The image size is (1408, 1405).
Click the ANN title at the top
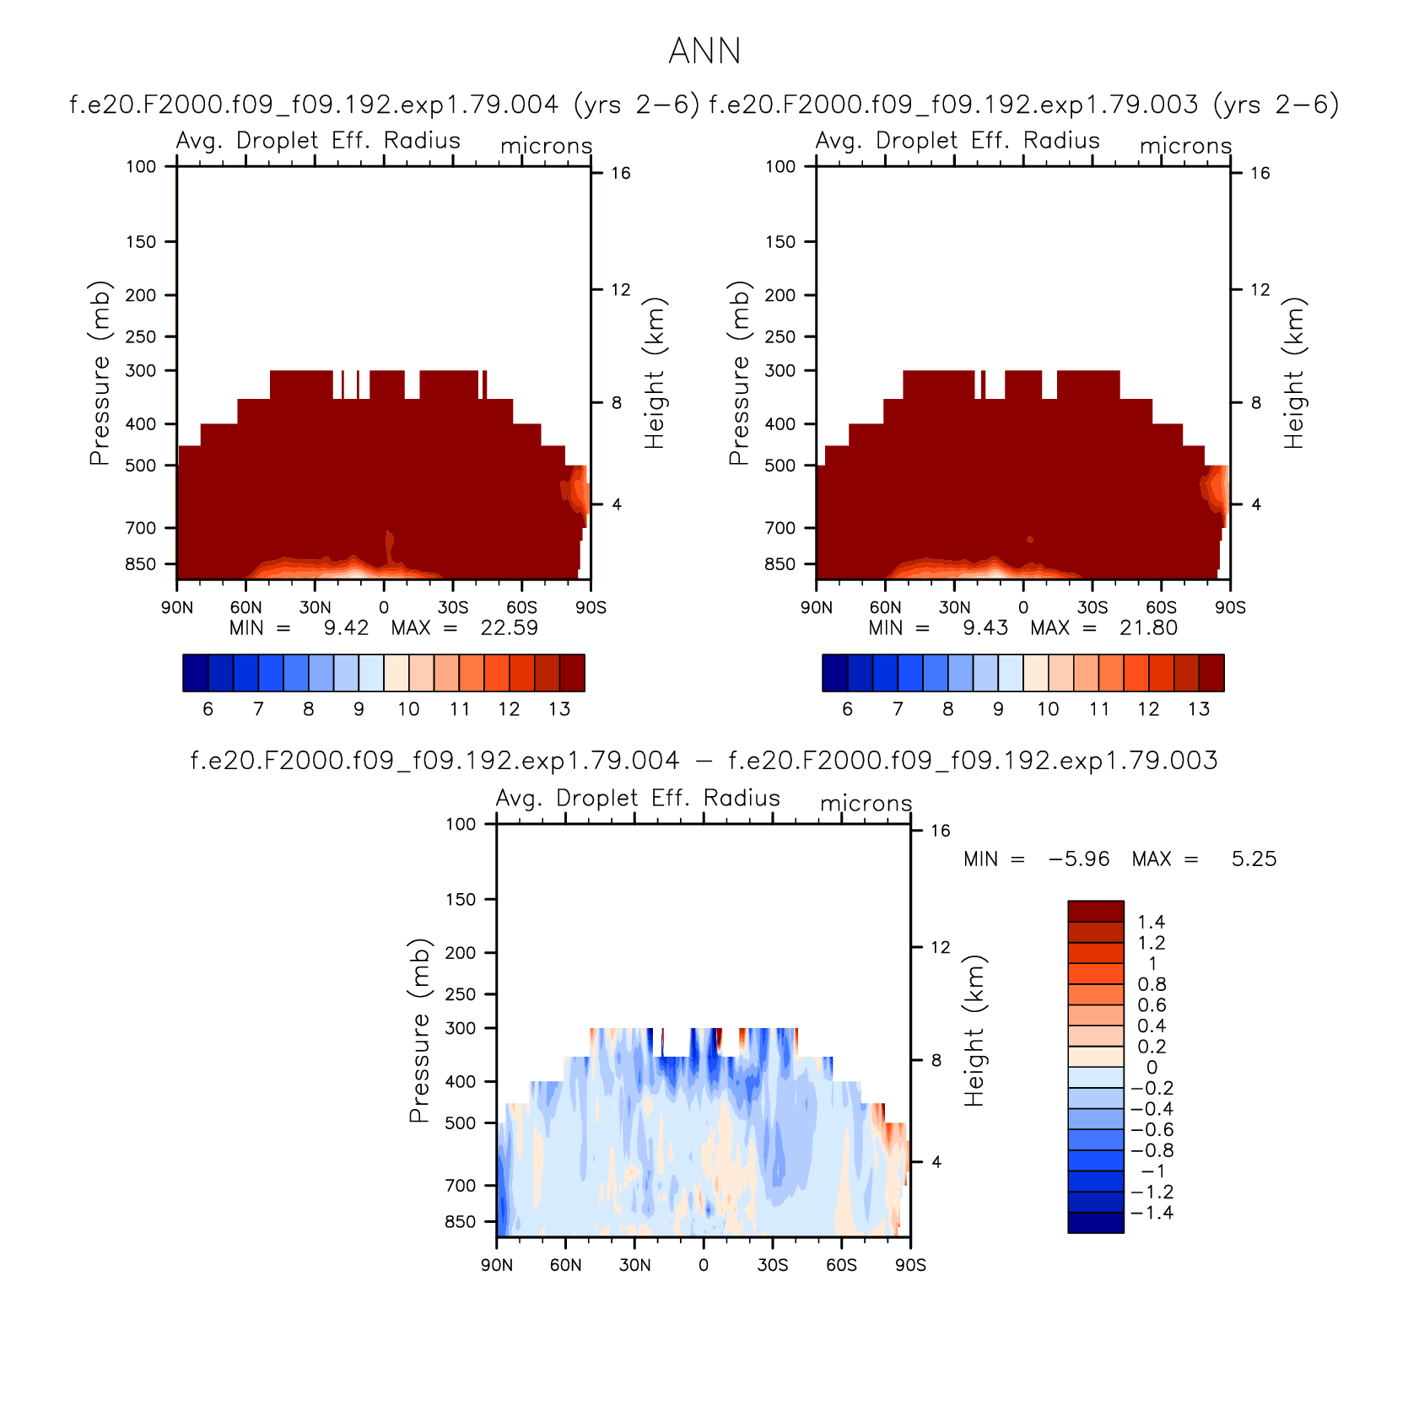coord(704,51)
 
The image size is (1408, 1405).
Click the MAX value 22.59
coord(509,627)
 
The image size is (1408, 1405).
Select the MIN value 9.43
coord(985,627)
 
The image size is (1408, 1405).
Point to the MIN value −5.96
coord(1079,859)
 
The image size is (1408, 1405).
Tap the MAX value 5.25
coord(1254,859)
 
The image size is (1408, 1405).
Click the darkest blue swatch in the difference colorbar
coord(1096,1223)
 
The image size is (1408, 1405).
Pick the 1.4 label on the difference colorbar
coord(1151,922)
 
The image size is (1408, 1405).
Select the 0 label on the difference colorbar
coord(1152,1067)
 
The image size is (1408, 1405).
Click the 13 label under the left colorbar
coord(559,708)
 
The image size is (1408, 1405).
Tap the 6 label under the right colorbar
coord(847,708)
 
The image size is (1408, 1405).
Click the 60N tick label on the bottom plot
coord(565,1265)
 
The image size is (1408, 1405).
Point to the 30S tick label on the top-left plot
coord(453,607)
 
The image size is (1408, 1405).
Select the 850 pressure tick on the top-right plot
coord(780,563)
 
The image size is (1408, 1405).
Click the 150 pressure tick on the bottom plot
coord(461,899)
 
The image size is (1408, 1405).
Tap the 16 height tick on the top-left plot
coord(621,173)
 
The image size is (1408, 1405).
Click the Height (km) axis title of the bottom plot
coord(974,1031)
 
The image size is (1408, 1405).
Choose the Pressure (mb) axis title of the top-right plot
coord(739,373)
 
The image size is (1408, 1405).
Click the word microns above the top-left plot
coord(547,146)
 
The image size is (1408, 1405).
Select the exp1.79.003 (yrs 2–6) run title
coord(1023,105)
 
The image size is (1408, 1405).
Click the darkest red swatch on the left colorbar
coord(572,673)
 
